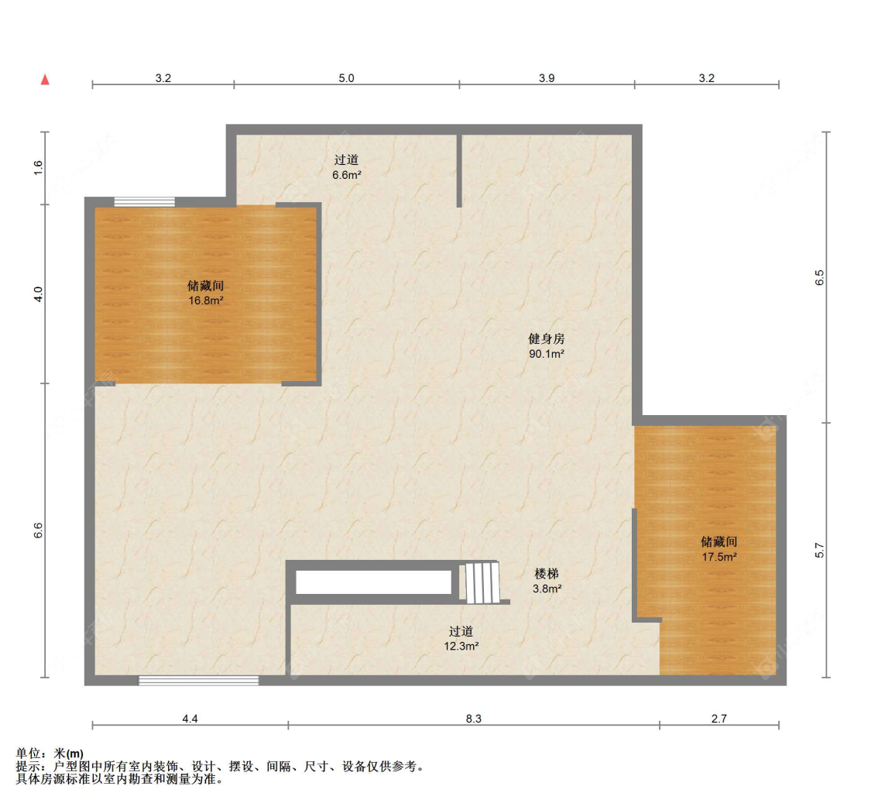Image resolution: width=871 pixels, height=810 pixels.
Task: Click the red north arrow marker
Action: click(x=45, y=80)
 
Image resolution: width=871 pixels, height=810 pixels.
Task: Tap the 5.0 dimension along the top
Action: click(x=346, y=77)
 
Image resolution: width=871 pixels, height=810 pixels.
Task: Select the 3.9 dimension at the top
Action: click(x=547, y=77)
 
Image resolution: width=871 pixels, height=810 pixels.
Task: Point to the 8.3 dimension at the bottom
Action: click(x=473, y=719)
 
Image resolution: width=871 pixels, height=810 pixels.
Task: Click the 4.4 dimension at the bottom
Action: click(x=190, y=719)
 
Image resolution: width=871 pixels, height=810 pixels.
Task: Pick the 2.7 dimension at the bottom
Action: click(x=718, y=719)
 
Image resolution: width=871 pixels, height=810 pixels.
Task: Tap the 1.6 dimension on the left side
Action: click(x=38, y=167)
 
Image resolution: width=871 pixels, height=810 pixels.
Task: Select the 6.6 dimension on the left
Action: click(x=38, y=530)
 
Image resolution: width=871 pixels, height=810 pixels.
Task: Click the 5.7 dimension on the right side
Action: click(x=819, y=550)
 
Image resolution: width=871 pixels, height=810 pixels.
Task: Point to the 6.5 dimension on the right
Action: click(x=819, y=277)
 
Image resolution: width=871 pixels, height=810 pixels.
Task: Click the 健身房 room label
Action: click(x=547, y=338)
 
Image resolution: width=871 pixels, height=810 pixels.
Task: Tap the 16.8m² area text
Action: click(x=205, y=300)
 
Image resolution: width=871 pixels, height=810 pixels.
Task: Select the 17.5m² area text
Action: click(x=719, y=557)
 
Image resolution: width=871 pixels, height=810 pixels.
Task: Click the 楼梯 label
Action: click(x=547, y=573)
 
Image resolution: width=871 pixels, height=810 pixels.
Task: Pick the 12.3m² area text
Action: click(x=461, y=646)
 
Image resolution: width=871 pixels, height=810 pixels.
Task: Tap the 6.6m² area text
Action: click(x=347, y=174)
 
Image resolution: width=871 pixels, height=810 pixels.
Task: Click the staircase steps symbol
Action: click(x=482, y=583)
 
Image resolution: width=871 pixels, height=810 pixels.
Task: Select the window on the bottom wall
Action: click(x=198, y=681)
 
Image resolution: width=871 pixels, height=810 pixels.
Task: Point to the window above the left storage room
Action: click(x=145, y=201)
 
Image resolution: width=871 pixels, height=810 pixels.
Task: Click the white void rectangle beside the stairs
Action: click(x=373, y=582)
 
